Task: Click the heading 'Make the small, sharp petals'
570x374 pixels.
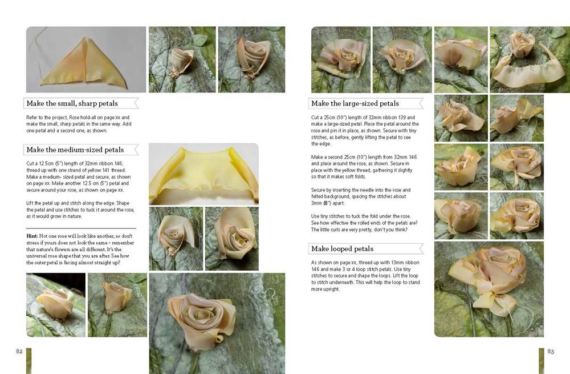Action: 72,103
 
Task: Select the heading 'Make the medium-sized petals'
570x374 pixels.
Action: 75,150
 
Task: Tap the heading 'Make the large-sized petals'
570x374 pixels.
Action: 355,103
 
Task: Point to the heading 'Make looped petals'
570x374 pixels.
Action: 342,249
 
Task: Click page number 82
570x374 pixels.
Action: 19,351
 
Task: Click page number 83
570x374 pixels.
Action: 551,351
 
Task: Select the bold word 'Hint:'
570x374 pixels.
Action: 32,236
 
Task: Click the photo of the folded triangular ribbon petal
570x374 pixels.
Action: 86,59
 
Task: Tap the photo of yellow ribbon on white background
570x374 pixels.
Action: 203,174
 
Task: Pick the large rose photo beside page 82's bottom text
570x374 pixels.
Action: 217,323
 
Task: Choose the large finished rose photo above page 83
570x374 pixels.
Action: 489,289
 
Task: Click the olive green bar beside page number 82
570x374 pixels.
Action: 28,361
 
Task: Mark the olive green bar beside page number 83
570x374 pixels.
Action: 541,361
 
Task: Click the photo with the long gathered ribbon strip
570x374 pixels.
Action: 530,59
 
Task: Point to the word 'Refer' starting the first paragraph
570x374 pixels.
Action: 31,117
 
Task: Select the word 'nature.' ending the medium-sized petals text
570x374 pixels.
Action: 75,216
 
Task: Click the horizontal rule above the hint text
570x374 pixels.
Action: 81,228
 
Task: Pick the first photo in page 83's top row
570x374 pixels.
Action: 341,59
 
